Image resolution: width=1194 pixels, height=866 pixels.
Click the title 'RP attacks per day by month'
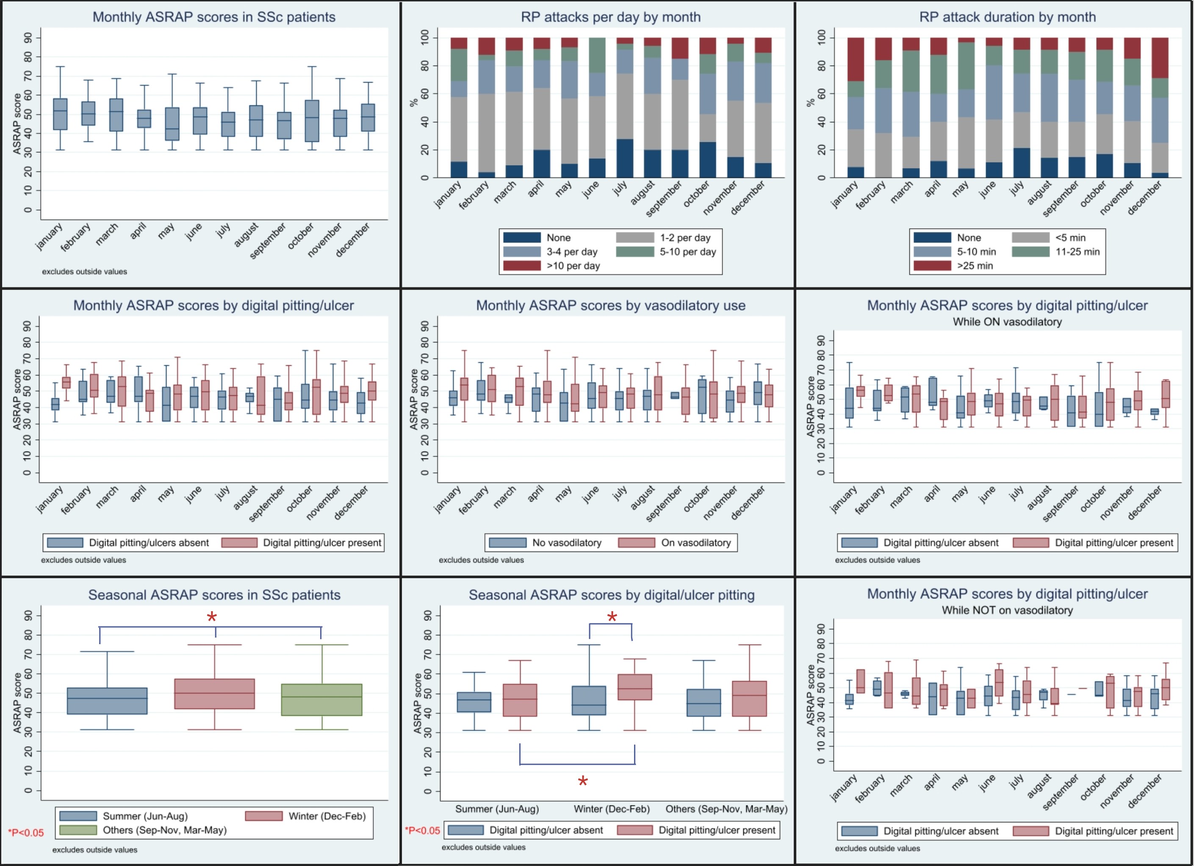pyautogui.click(x=611, y=17)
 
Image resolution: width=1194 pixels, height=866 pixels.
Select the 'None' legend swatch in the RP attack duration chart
pyautogui.click(x=932, y=238)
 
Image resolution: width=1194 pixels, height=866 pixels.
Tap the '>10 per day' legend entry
pyautogui.click(x=573, y=266)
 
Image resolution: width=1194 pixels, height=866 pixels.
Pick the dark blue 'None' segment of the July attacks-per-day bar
pyautogui.click(x=625, y=158)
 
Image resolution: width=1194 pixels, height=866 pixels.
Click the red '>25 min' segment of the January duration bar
pyautogui.click(x=856, y=59)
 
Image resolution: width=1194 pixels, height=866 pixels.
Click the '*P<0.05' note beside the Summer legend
pyautogui.click(x=26, y=833)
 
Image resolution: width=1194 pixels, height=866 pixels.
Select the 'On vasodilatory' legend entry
pyautogui.click(x=695, y=543)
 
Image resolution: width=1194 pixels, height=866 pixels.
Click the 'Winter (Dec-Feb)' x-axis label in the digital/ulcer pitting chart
pyautogui.click(x=612, y=809)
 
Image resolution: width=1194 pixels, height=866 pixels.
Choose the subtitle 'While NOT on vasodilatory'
pyautogui.click(x=1007, y=610)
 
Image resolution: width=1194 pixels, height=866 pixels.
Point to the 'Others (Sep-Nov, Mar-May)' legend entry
pyautogui.click(x=164, y=830)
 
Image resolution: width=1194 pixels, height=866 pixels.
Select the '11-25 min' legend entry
pyautogui.click(x=1077, y=252)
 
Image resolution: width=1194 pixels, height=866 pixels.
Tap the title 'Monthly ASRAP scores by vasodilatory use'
pyautogui.click(x=611, y=306)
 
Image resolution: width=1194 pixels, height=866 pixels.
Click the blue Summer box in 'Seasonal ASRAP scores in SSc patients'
pyautogui.click(x=108, y=701)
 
